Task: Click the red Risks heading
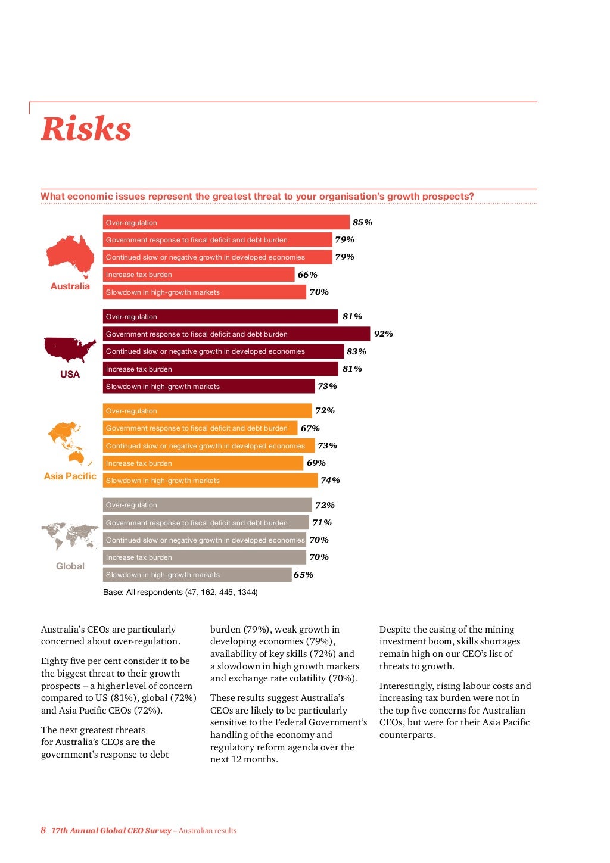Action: click(86, 129)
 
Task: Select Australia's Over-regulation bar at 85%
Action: click(226, 222)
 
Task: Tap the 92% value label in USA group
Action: click(383, 334)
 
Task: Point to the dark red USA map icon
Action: click(70, 350)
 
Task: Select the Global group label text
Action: click(70, 566)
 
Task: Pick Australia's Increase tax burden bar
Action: click(198, 275)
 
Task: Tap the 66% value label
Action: click(307, 275)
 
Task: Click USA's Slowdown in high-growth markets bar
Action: click(208, 386)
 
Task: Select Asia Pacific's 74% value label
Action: click(330, 480)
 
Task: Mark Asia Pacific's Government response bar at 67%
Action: click(200, 428)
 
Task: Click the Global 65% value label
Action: click(303, 575)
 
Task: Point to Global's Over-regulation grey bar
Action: click(207, 505)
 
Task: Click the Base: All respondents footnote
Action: click(180, 592)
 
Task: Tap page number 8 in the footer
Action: click(43, 830)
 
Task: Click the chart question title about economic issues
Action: click(257, 197)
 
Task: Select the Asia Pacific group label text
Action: click(70, 476)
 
